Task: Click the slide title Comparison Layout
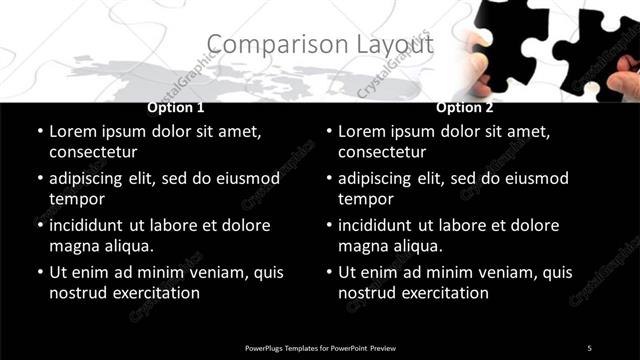(320, 45)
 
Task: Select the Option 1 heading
(176, 108)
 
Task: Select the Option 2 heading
(465, 108)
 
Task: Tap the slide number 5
(589, 347)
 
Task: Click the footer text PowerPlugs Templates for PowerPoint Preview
(320, 347)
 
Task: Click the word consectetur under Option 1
(92, 152)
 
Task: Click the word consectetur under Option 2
(382, 152)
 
